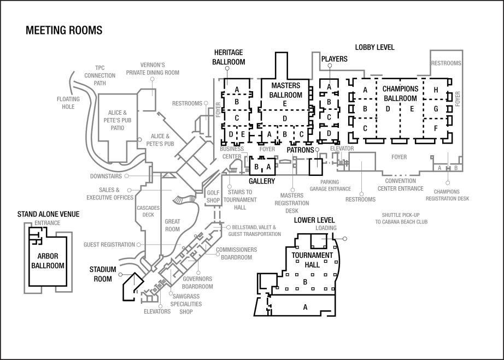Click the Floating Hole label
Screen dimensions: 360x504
68,103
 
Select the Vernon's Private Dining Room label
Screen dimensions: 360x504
153,68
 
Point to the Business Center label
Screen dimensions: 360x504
231,152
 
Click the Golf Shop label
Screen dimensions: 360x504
213,197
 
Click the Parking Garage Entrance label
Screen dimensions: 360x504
330,185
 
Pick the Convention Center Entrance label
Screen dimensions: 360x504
404,184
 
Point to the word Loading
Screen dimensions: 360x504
326,228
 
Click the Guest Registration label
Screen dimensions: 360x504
109,245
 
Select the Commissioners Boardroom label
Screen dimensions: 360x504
236,253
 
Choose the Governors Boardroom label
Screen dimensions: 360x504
197,282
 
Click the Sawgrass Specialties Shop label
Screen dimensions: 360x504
186,303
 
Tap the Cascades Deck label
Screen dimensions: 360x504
148,211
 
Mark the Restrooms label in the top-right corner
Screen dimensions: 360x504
446,63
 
